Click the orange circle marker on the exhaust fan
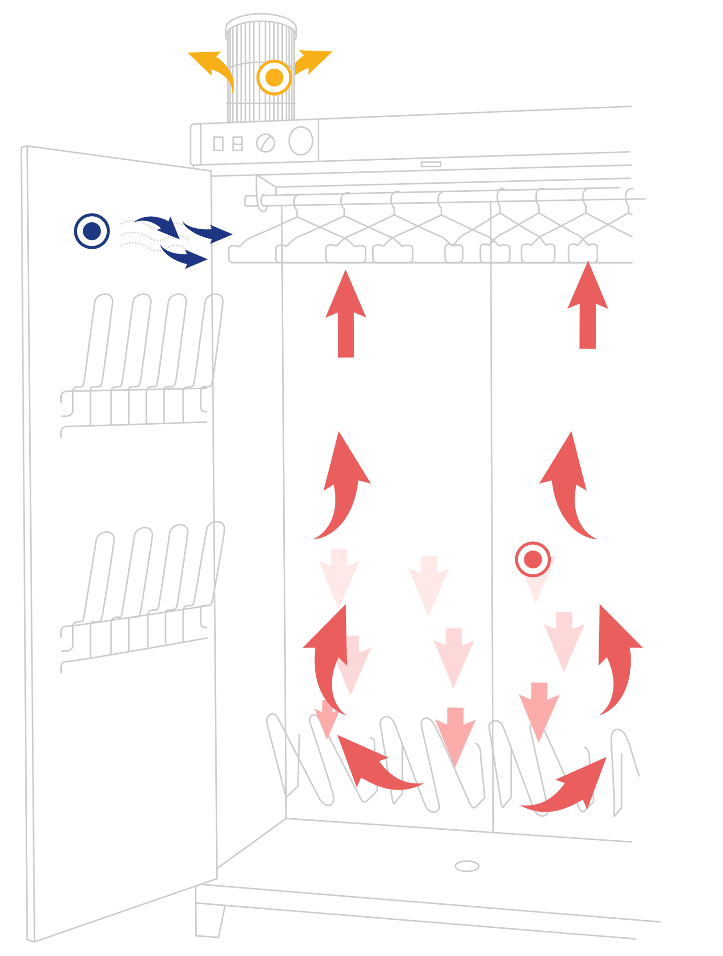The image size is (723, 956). [x=274, y=77]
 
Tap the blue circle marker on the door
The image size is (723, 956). [x=92, y=231]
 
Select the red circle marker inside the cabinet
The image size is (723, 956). [x=533, y=559]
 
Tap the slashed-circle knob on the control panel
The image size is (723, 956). [x=266, y=143]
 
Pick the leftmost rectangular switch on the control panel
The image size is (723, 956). [x=218, y=143]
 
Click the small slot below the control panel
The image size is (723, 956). [x=431, y=164]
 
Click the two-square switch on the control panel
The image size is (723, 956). [x=237, y=143]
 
